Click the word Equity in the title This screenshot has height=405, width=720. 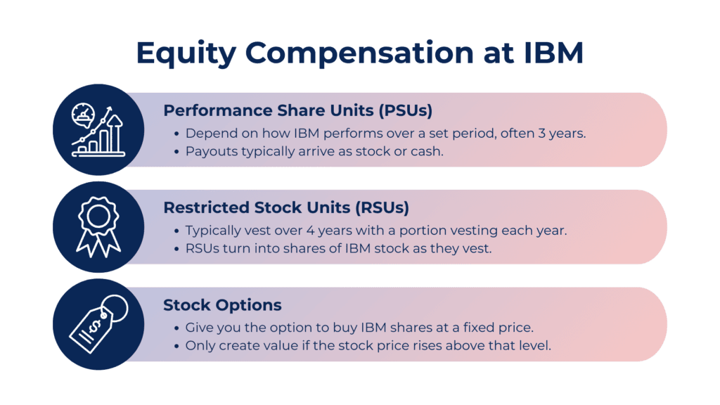click(x=186, y=53)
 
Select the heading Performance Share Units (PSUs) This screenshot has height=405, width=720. click(x=298, y=110)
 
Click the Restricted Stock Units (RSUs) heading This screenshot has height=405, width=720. click(x=286, y=207)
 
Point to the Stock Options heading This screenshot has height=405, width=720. click(x=222, y=305)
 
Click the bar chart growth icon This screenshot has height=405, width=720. click(x=98, y=130)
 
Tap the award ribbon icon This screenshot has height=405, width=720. click(x=98, y=227)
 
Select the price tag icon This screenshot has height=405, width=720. click(x=98, y=323)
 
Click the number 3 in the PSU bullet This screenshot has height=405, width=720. click(x=541, y=134)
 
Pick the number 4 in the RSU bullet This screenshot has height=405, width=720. click(x=310, y=231)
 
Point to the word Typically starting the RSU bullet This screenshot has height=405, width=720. click(x=211, y=231)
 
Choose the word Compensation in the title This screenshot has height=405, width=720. click(x=359, y=53)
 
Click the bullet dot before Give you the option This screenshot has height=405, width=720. click(x=176, y=328)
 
